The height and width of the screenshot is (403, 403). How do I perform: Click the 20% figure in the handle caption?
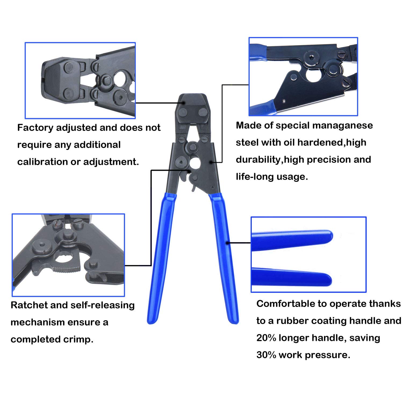pos(266,338)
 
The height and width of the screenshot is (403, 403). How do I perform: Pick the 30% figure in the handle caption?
pos(266,355)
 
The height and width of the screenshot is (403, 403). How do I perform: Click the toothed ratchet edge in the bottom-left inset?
pos(69,269)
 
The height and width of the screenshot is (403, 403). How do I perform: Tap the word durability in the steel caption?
pos(258,160)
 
